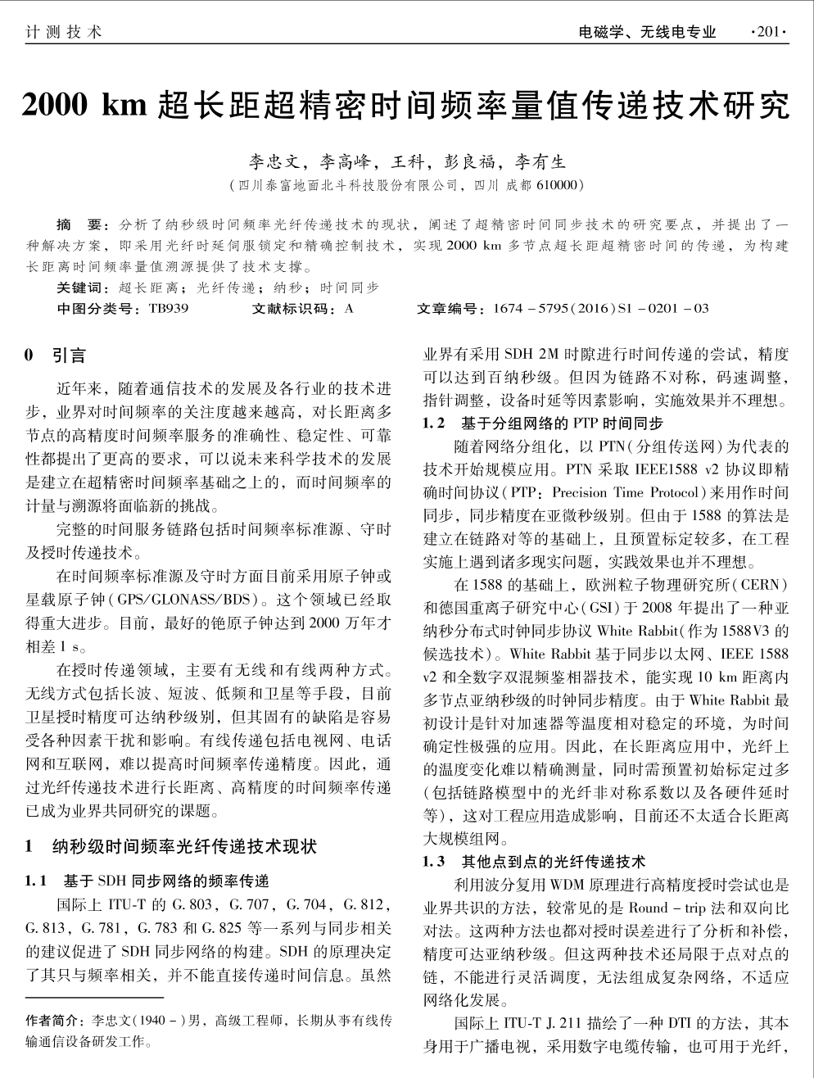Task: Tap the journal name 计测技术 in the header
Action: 64,33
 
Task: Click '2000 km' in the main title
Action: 83,106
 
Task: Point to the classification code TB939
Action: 169,309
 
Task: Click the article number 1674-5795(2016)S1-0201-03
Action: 601,309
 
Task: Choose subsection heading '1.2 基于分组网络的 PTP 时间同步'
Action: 542,423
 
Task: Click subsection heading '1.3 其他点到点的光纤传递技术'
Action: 534,861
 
